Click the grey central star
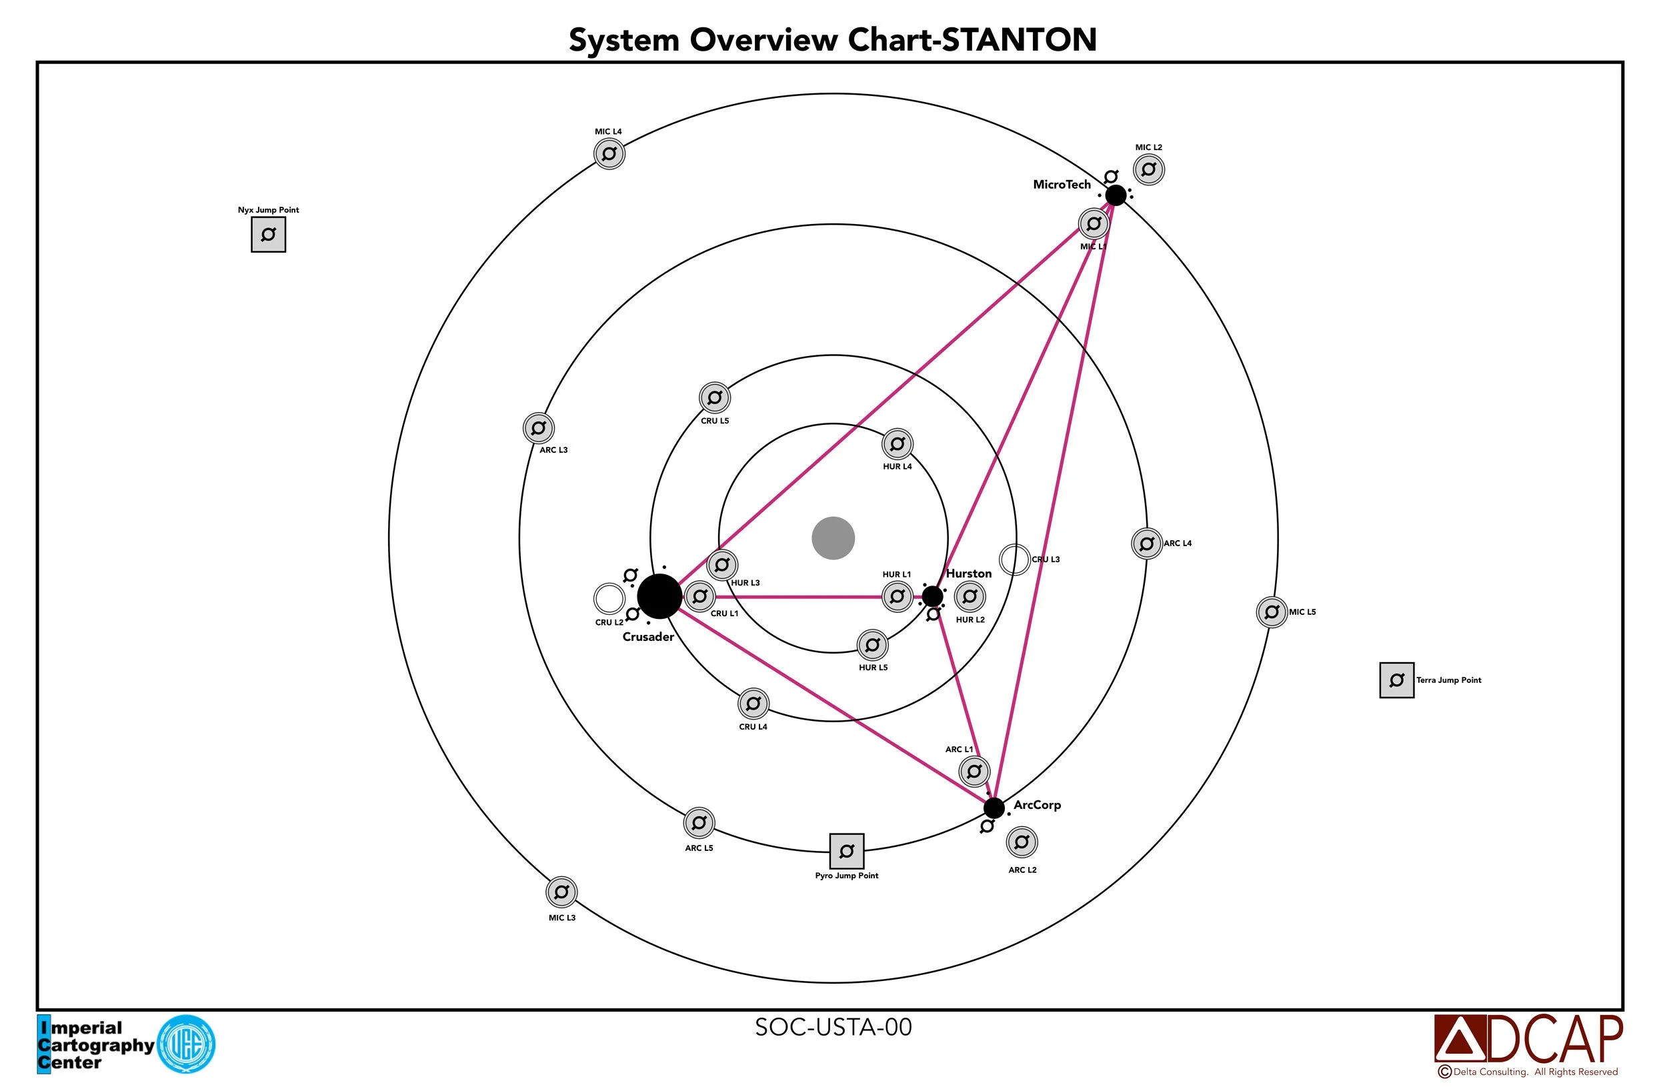click(833, 539)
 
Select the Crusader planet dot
click(659, 596)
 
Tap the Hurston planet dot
click(932, 596)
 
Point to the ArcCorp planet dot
click(994, 808)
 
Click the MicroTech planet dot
click(1116, 195)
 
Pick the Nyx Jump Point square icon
click(268, 235)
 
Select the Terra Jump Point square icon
click(1397, 680)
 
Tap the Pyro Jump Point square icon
click(847, 851)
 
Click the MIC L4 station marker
click(609, 153)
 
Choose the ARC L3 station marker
click(539, 427)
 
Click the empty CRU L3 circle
click(1014, 560)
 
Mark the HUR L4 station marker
click(898, 443)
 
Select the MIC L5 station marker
click(1272, 612)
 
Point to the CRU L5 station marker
click(715, 398)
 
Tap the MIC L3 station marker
click(561, 892)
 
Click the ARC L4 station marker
click(1147, 543)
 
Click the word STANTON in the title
click(1019, 40)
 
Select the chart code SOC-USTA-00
click(833, 1028)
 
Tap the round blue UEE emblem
click(186, 1044)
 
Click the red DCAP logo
click(1528, 1040)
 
